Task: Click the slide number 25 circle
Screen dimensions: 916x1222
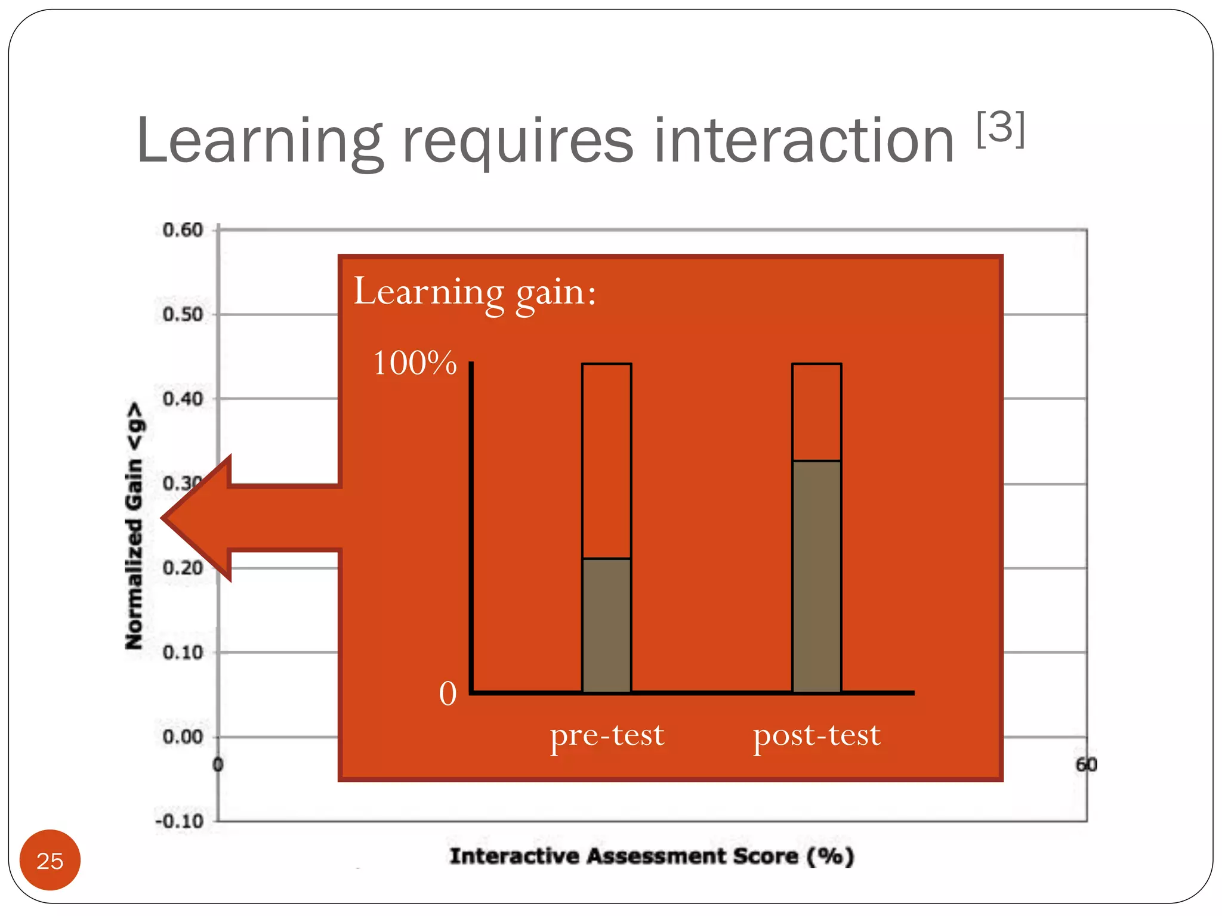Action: click(x=50, y=860)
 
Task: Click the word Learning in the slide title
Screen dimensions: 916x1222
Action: click(x=259, y=141)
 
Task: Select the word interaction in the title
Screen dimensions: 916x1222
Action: click(x=804, y=141)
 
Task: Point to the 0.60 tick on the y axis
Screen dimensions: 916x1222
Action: click(x=183, y=230)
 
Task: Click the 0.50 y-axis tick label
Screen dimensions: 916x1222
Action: click(x=183, y=314)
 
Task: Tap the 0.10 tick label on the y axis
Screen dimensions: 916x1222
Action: click(x=183, y=652)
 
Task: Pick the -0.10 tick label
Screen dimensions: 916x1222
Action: click(x=180, y=821)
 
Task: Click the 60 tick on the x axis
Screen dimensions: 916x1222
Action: click(x=1086, y=765)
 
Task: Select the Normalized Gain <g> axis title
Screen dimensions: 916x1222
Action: click(x=135, y=525)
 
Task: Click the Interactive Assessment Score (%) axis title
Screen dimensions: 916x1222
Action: click(x=652, y=856)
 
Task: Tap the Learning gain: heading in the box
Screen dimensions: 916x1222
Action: click(x=475, y=292)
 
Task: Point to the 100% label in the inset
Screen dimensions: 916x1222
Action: click(x=415, y=363)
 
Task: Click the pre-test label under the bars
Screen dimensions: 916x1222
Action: click(x=607, y=735)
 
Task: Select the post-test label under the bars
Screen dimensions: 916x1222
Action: click(x=816, y=735)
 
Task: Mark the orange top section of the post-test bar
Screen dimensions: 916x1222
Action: click(x=816, y=412)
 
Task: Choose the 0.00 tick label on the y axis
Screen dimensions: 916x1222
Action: click(x=183, y=737)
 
